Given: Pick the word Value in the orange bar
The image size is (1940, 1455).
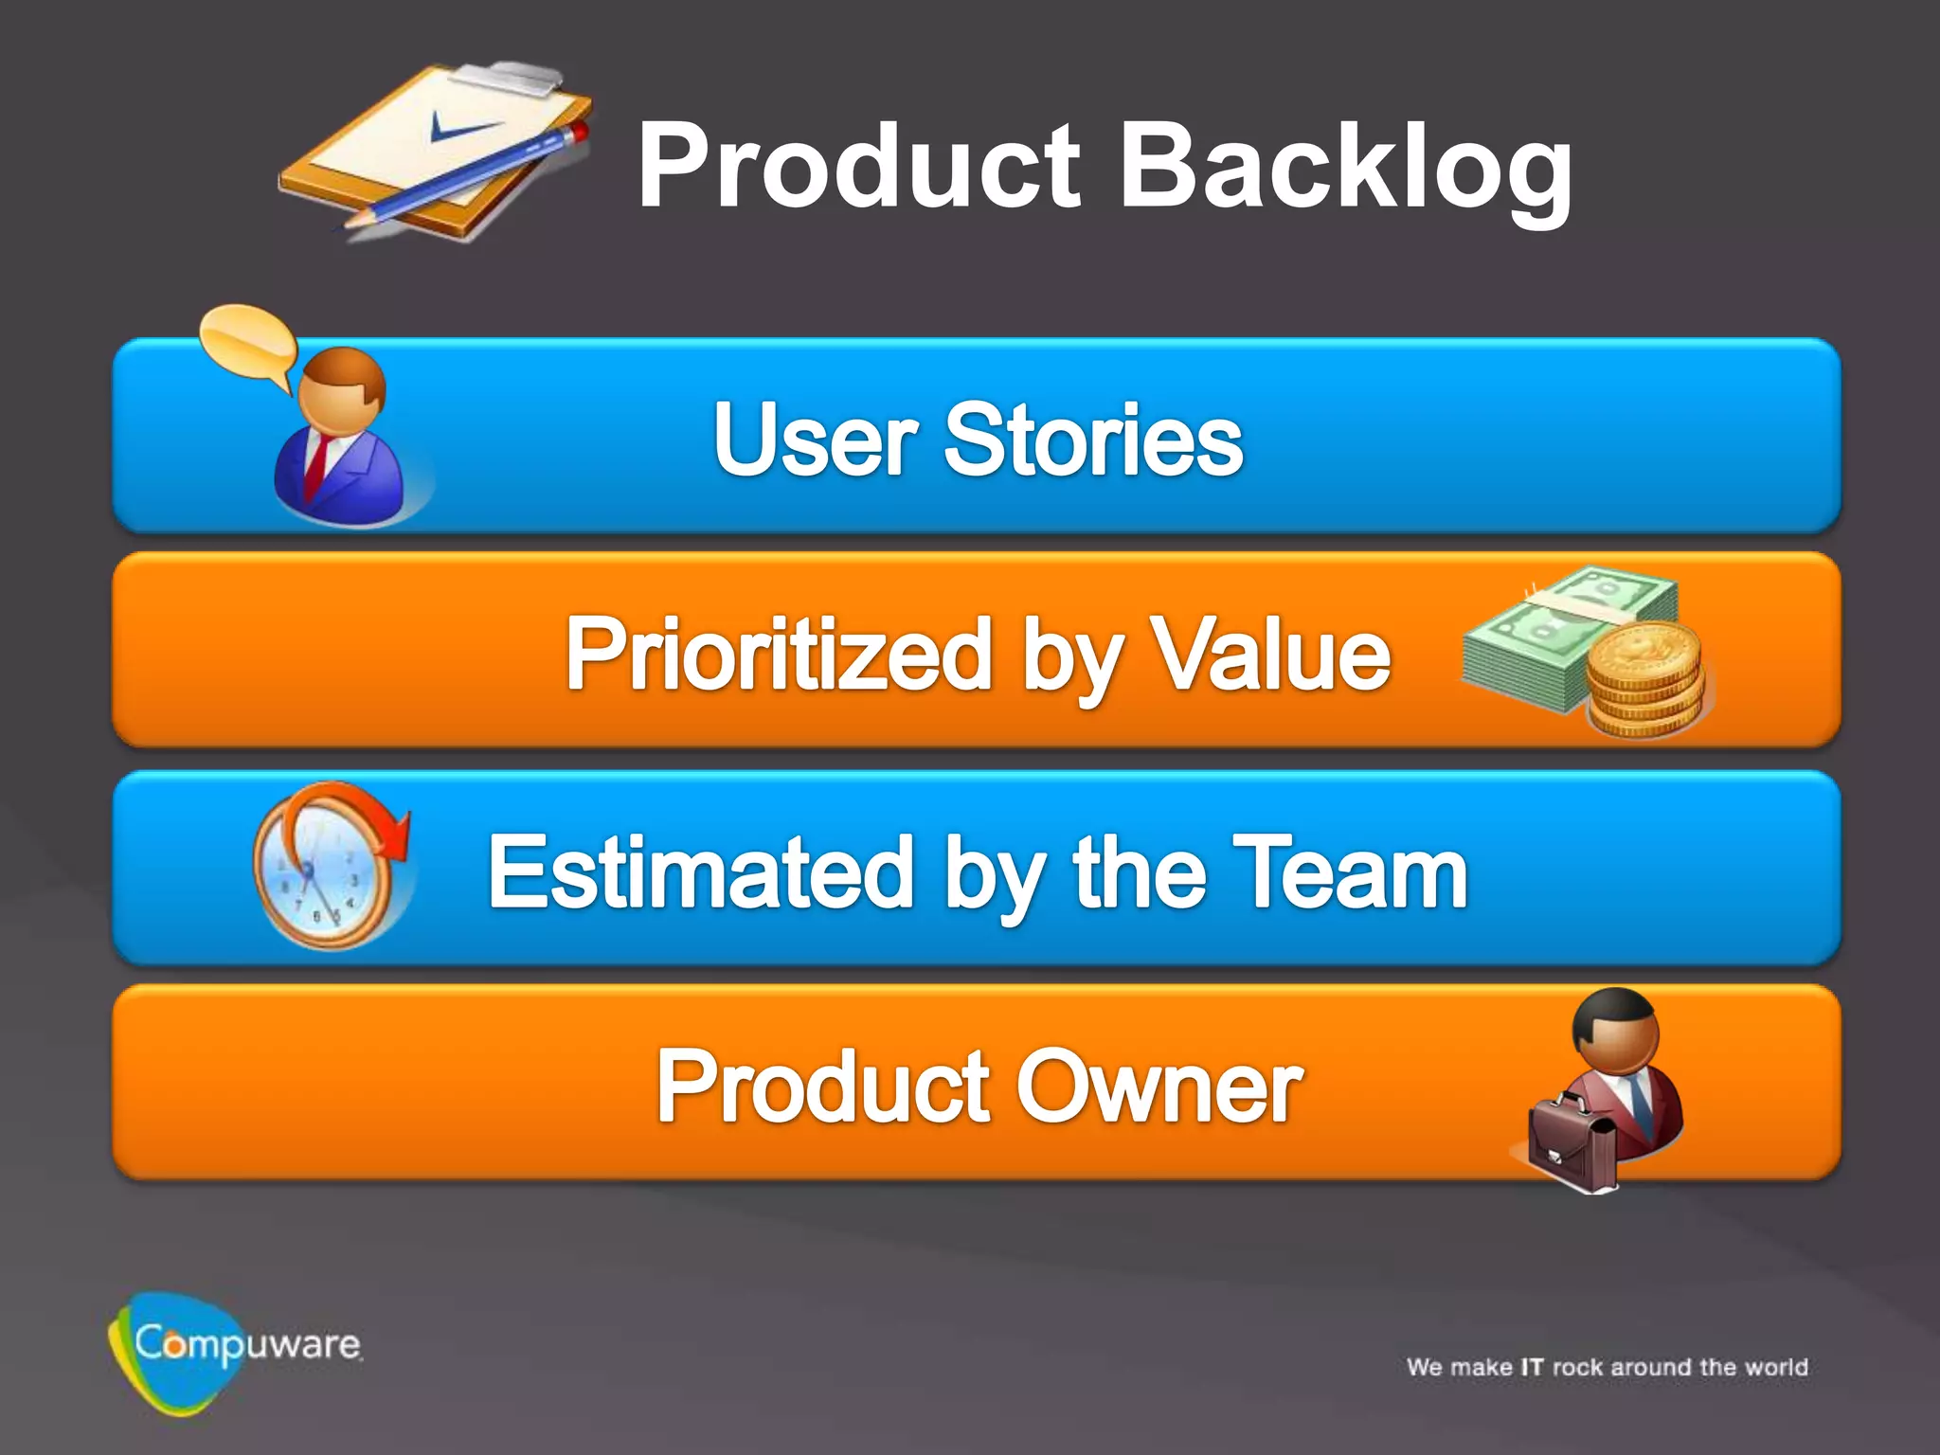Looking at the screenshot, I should pyautogui.click(x=1269, y=654).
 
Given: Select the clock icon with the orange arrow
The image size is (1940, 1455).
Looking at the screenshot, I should pyautogui.click(x=327, y=867).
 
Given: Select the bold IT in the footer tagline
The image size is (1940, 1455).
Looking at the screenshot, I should pyautogui.click(x=1532, y=1367).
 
